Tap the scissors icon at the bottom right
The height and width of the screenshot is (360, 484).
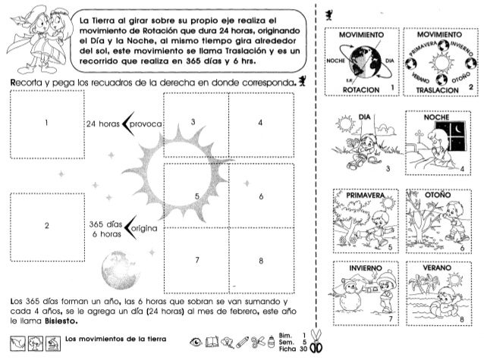(x=319, y=343)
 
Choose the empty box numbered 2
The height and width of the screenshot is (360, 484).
(x=47, y=226)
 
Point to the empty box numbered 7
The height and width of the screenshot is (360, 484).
(x=196, y=258)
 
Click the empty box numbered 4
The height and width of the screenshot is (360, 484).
(x=261, y=124)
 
